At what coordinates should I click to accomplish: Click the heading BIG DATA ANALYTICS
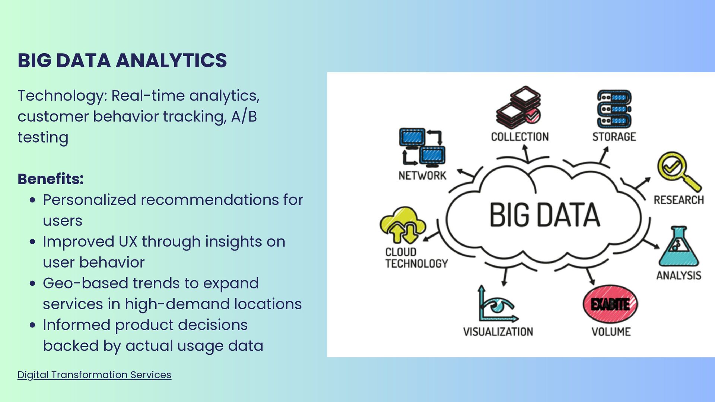pyautogui.click(x=122, y=61)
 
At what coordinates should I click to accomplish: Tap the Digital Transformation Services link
pyautogui.click(x=94, y=375)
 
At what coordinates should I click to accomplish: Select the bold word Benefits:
pyautogui.click(x=51, y=179)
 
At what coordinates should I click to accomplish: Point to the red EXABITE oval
pyautogui.click(x=610, y=304)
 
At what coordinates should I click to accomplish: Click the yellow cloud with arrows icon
pyautogui.click(x=402, y=225)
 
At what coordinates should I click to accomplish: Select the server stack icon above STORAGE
pyautogui.click(x=614, y=109)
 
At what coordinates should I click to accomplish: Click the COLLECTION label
pyautogui.click(x=520, y=137)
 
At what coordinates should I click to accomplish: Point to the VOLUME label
pyautogui.click(x=611, y=332)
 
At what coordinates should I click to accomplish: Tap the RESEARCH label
pyautogui.click(x=679, y=200)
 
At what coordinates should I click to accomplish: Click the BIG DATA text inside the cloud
pyautogui.click(x=544, y=215)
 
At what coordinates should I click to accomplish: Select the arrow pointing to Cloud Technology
pyautogui.click(x=432, y=237)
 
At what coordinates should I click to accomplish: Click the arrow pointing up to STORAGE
pyautogui.click(x=604, y=154)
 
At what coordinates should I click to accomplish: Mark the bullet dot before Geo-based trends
pyautogui.click(x=33, y=283)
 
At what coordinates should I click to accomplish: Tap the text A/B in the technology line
pyautogui.click(x=244, y=117)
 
